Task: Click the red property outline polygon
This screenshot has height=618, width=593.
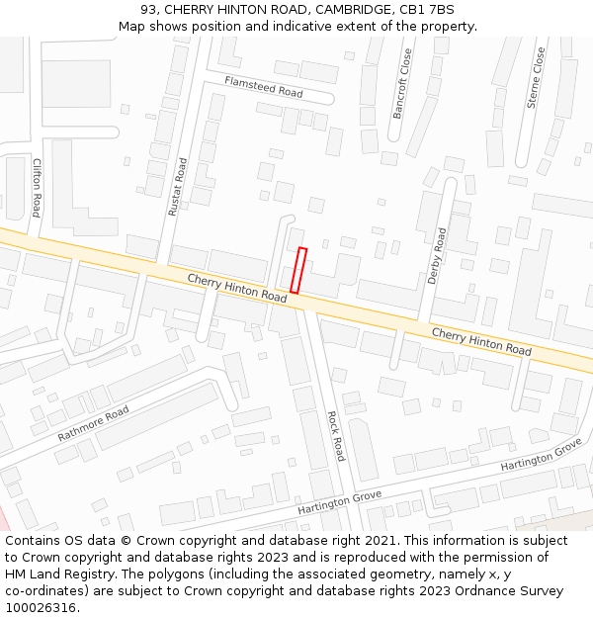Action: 298,270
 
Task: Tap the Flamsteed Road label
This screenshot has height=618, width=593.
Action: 263,86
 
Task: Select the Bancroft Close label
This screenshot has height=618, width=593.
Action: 402,84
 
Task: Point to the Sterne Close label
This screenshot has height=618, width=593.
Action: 536,78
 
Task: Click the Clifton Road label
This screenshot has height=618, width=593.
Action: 37,188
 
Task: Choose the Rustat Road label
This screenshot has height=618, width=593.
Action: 177,187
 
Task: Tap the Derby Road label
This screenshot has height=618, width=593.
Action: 437,256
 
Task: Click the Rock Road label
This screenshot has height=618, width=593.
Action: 336,436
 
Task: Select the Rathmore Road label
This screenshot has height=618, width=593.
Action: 93,423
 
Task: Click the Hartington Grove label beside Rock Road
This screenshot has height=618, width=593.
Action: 339,501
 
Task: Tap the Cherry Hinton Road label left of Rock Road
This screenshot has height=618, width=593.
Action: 236,288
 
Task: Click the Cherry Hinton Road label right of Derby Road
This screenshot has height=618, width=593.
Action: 481,341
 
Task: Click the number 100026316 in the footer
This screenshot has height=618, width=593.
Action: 41,608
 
